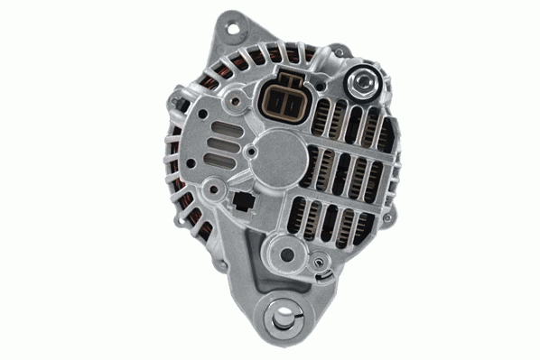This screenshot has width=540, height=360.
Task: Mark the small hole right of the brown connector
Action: click(322, 94)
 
